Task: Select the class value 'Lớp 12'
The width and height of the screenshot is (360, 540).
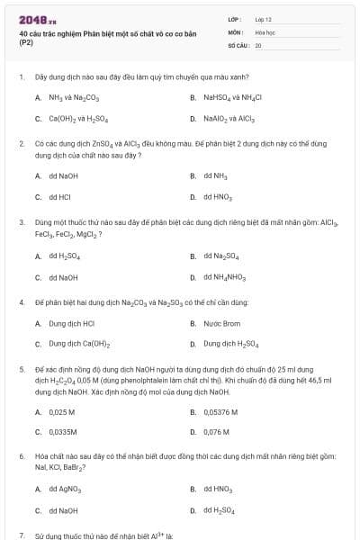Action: tap(264, 19)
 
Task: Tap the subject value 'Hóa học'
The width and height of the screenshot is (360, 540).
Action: tap(265, 31)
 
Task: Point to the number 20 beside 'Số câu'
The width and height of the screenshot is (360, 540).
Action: tap(258, 44)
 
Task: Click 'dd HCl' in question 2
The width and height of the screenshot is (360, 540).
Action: tap(60, 196)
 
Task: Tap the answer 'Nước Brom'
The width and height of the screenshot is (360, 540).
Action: tap(221, 322)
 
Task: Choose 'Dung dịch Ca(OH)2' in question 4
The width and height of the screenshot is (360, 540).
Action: tap(79, 344)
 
